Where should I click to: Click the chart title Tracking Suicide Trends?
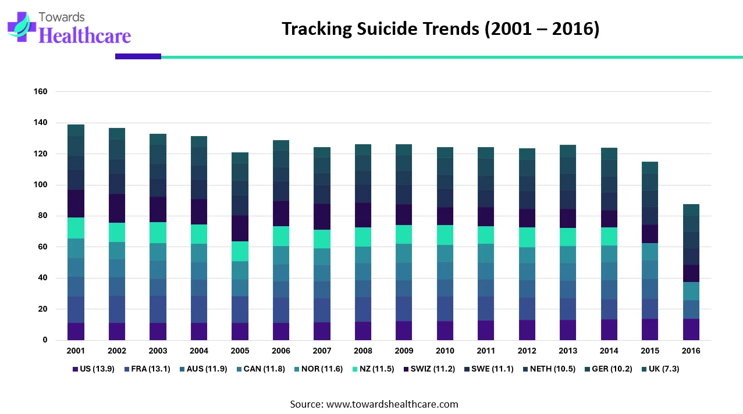[440, 28]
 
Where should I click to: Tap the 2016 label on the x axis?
[691, 351]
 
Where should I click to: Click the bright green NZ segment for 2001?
[76, 228]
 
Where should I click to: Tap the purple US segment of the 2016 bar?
[691, 329]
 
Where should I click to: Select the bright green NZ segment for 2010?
[445, 235]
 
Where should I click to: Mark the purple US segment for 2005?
[240, 331]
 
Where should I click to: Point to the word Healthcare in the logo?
[84, 35]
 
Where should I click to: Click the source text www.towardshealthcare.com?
[392, 404]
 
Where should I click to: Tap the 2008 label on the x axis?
[363, 351]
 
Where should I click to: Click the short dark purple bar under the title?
[138, 56]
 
